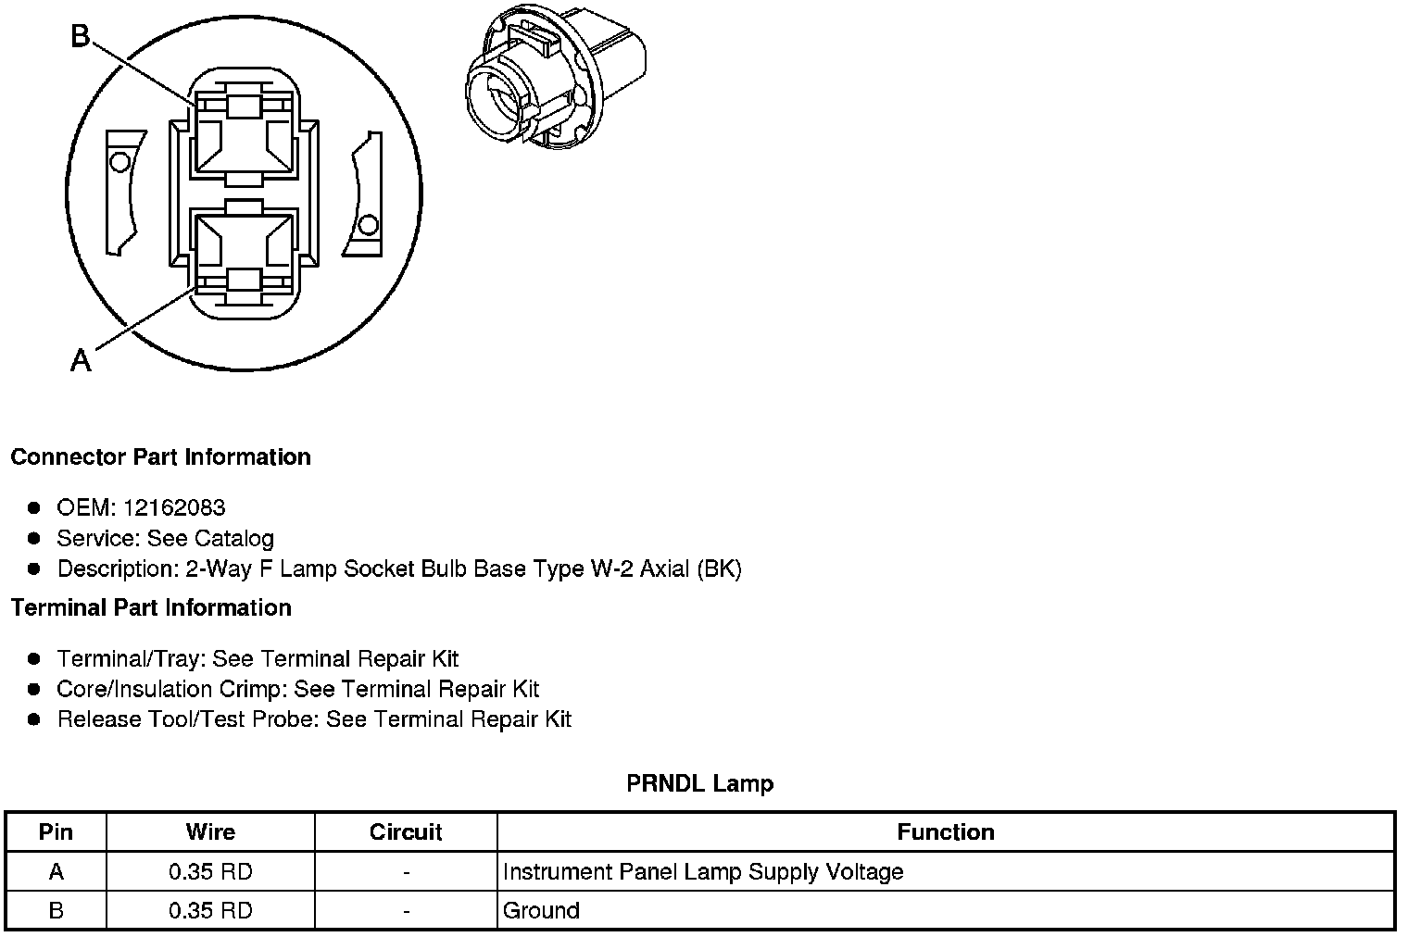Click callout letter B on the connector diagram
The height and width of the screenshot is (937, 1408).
point(82,37)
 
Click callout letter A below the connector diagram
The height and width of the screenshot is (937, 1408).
point(82,359)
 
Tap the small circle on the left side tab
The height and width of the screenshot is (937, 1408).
point(119,163)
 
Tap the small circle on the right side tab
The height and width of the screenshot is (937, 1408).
point(368,225)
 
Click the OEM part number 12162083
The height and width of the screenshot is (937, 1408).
point(174,507)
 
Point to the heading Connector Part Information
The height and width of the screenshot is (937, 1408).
point(160,457)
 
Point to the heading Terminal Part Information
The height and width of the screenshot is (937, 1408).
point(151,608)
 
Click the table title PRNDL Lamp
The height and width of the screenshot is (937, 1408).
point(699,784)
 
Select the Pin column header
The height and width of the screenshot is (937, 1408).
point(56,832)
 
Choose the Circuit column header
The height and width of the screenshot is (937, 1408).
point(406,832)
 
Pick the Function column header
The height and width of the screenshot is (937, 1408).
point(946,832)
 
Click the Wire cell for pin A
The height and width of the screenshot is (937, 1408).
point(210,872)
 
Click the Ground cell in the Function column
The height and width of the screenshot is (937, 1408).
point(541,911)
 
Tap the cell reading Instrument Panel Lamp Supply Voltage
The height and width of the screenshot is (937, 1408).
point(702,872)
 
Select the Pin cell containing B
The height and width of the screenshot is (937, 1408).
point(56,911)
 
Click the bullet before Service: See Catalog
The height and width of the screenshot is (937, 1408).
point(34,538)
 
